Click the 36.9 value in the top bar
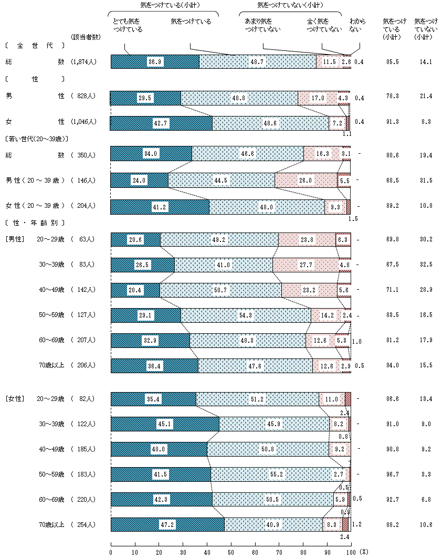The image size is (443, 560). click(x=155, y=62)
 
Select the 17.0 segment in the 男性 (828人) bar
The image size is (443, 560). click(x=318, y=98)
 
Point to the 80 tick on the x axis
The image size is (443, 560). click(x=303, y=552)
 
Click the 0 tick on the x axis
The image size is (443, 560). click(x=111, y=552)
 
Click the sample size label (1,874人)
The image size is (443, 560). click(x=83, y=62)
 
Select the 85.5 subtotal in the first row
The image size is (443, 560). click(x=391, y=62)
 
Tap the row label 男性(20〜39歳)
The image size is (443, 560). click(x=35, y=181)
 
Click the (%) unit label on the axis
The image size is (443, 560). click(x=364, y=552)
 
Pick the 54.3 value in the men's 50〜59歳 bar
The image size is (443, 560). click(x=246, y=315)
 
